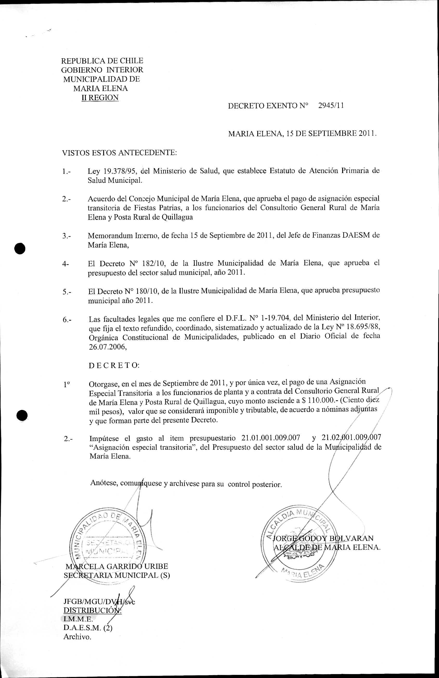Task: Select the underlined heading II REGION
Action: point(100,97)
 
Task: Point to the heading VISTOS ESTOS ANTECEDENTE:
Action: point(119,153)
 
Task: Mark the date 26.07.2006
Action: point(107,347)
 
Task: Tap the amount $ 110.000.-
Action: point(319,401)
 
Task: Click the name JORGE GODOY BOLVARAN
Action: point(323,538)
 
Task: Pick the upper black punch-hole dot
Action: point(20,248)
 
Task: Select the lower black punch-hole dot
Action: point(22,416)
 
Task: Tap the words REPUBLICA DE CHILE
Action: point(102,61)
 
